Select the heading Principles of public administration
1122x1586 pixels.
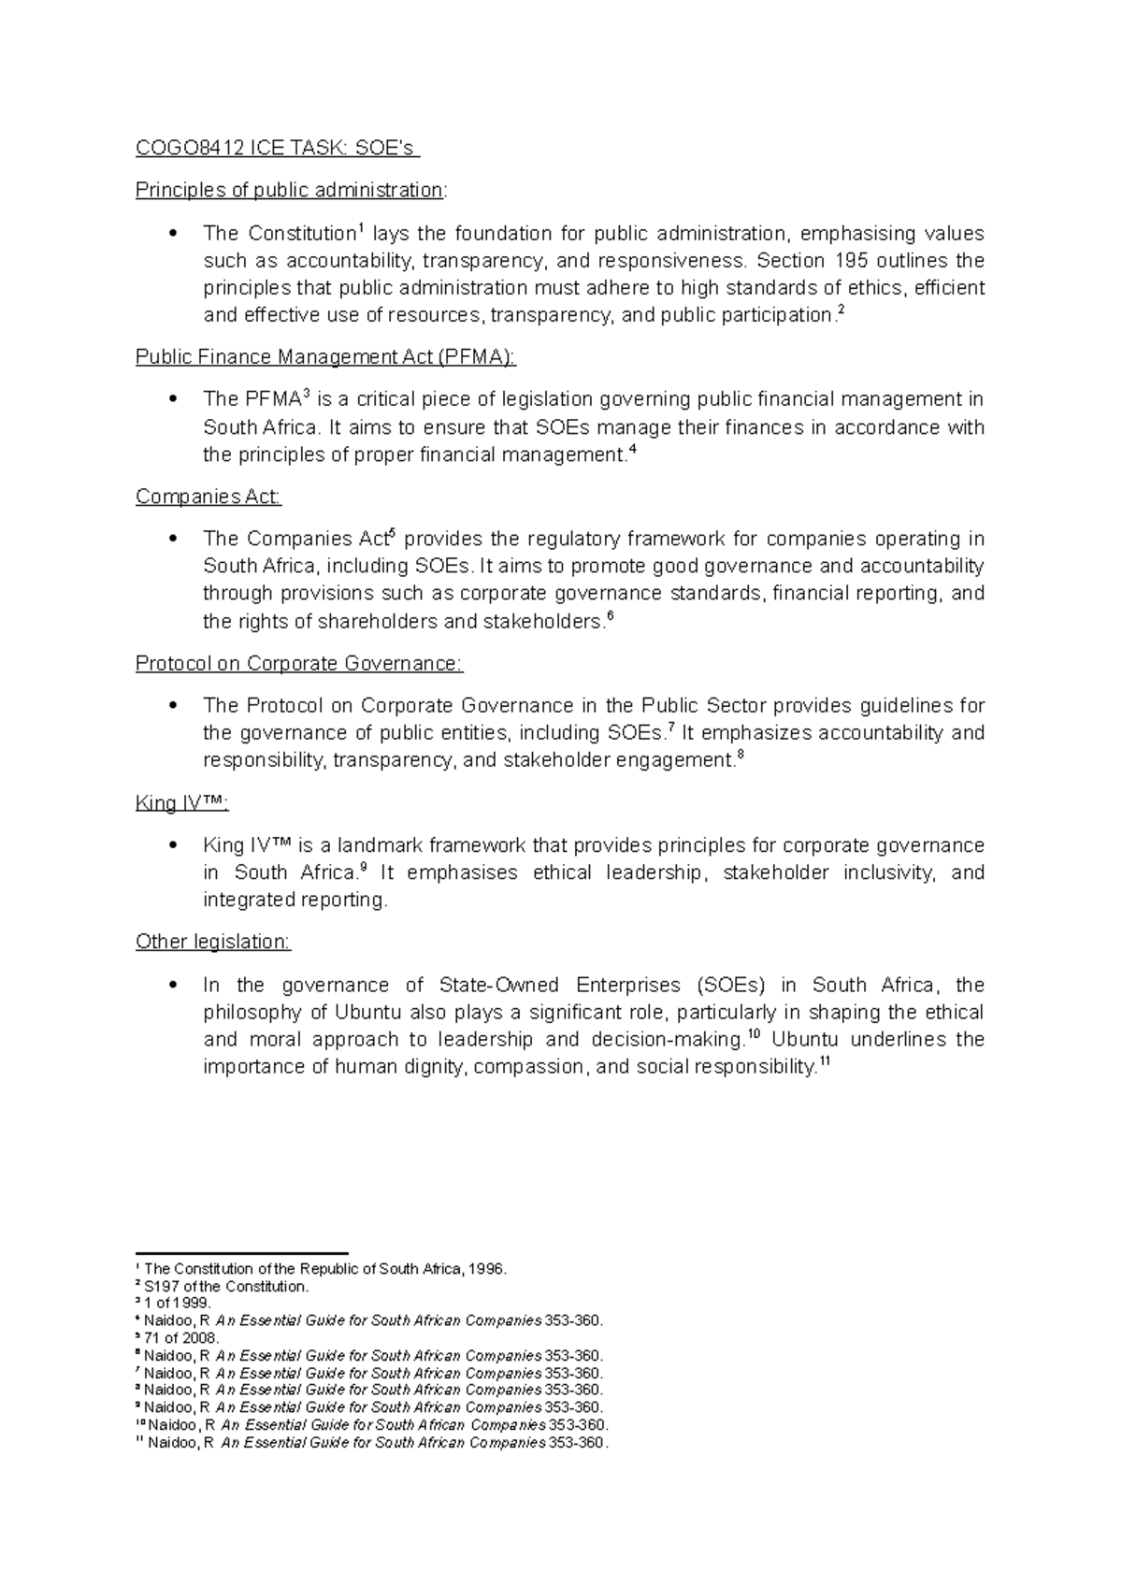coord(290,191)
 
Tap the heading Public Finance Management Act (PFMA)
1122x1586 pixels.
coord(325,357)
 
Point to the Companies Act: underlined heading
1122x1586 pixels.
coord(208,497)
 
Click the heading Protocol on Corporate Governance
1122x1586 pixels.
coord(298,664)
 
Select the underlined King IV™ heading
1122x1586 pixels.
coord(181,804)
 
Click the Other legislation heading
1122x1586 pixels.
coord(212,943)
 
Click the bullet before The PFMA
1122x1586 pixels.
coord(172,399)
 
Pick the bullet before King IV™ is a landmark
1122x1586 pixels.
coord(172,846)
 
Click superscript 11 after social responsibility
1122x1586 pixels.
coord(824,1061)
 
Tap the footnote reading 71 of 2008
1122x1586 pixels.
coord(180,1338)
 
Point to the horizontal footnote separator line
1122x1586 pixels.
coord(241,1253)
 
